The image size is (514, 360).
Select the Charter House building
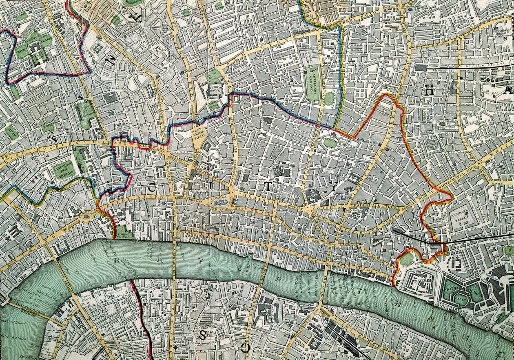point(214,90)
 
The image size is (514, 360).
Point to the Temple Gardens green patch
point(124,233)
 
